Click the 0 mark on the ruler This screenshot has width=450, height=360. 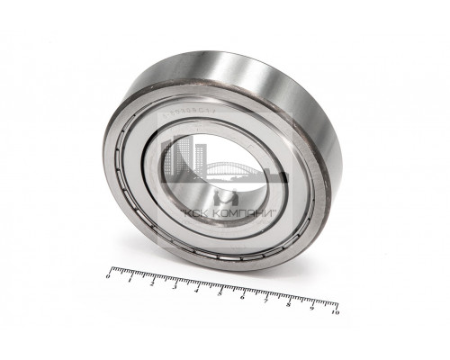(109, 276)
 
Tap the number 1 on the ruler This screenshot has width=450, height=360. (131, 280)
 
